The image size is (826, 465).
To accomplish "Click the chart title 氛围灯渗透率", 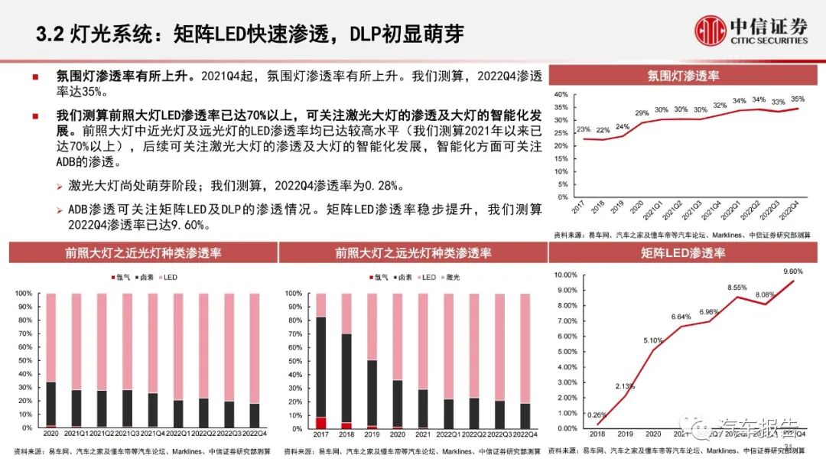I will (x=683, y=76).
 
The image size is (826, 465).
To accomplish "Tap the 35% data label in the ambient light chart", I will (x=798, y=99).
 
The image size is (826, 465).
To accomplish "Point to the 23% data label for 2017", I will (x=584, y=129).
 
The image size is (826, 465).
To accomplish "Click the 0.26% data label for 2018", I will (x=595, y=415).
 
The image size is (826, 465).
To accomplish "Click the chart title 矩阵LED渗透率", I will (x=683, y=252).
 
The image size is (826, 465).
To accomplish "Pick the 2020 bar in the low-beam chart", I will (x=50, y=360).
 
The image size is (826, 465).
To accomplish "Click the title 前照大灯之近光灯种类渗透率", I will (x=143, y=252).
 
